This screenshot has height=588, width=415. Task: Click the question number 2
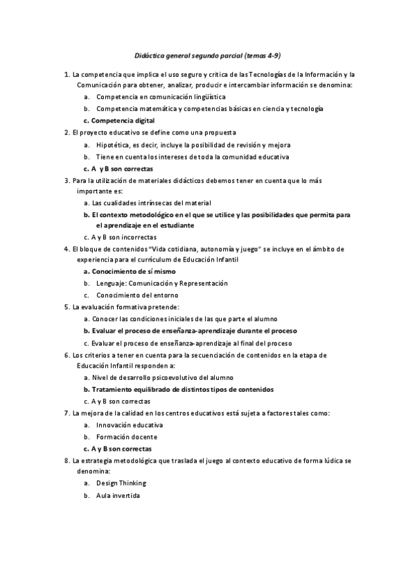[65, 132]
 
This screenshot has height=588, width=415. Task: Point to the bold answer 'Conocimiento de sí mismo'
[133, 272]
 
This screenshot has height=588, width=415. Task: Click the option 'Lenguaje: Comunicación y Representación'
[162, 284]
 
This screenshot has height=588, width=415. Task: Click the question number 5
[65, 306]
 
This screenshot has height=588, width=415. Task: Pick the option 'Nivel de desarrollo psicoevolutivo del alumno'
[163, 378]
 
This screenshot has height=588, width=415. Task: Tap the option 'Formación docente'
[127, 437]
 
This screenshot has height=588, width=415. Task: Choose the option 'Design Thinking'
[121, 483]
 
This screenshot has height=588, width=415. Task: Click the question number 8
[65, 460]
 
